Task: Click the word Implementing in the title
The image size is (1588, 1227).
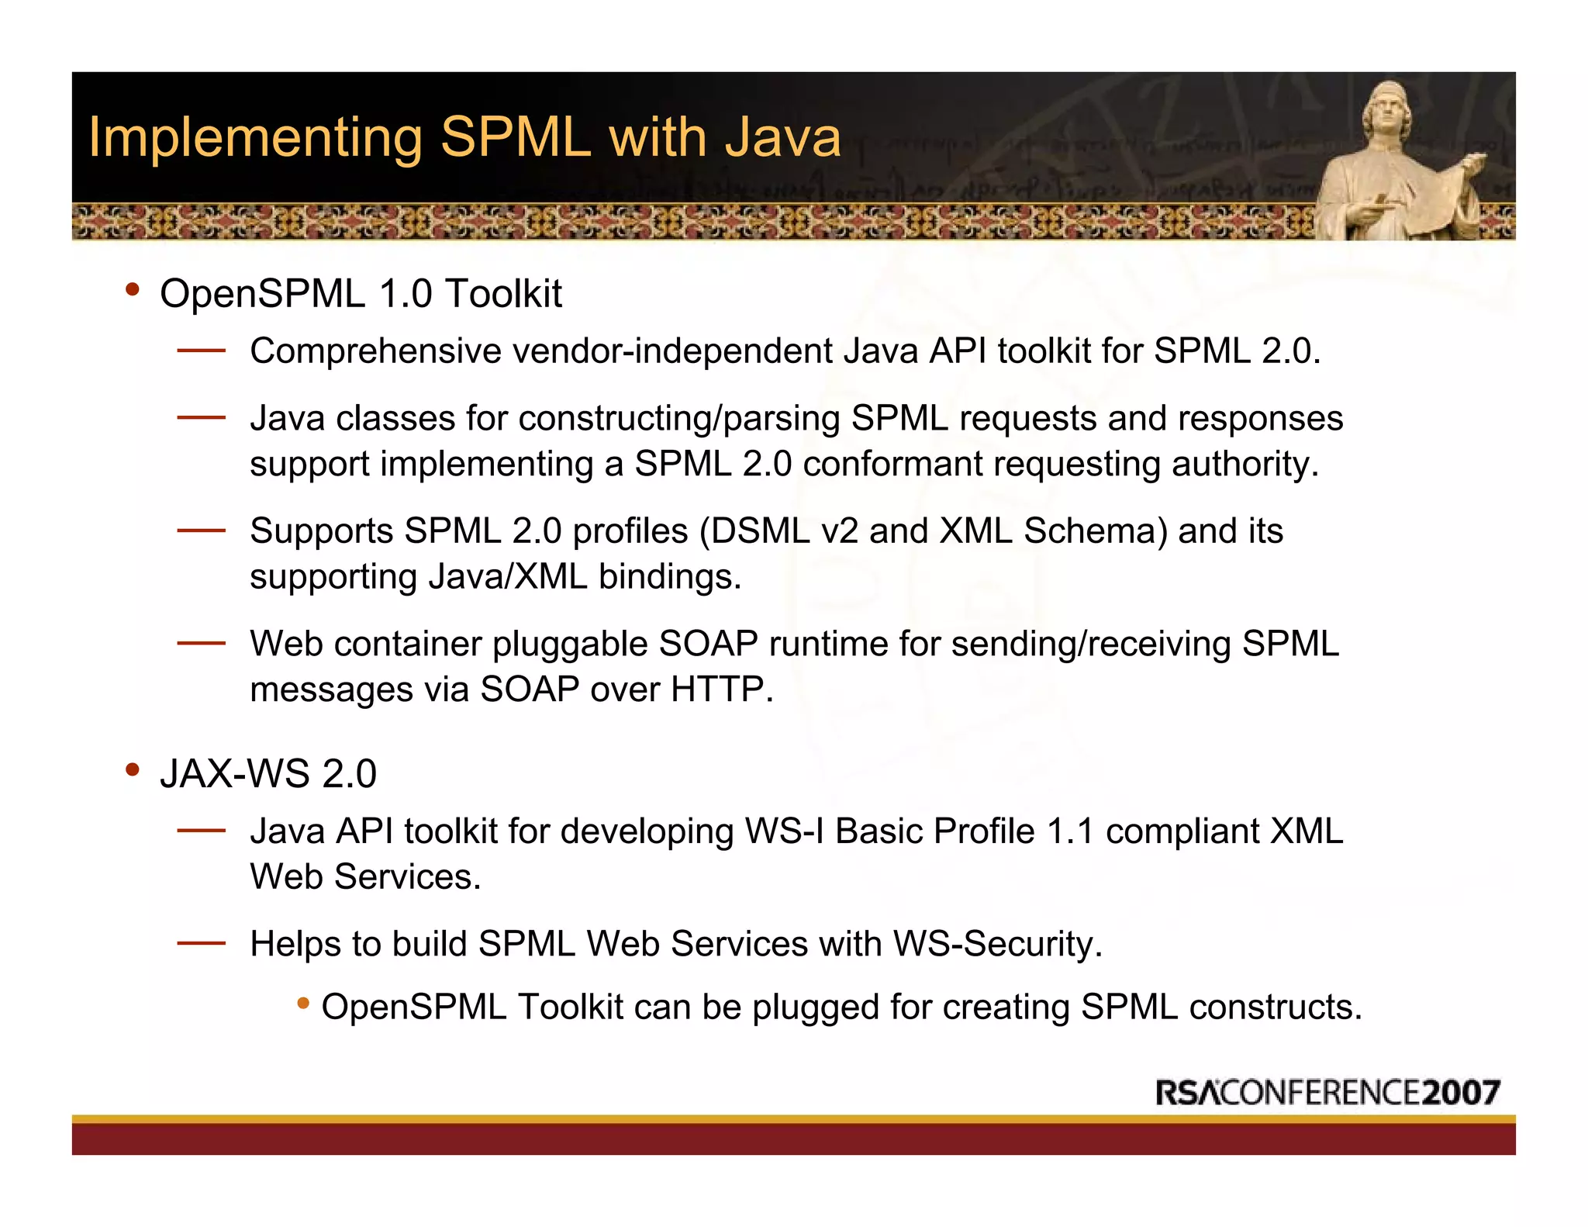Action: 255,138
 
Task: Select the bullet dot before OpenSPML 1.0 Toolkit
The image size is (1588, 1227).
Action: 133,290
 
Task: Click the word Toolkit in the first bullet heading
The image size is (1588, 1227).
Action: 503,294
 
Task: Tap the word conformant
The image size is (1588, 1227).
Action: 892,464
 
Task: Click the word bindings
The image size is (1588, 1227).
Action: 669,577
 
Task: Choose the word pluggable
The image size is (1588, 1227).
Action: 569,645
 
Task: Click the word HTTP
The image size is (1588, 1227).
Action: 721,690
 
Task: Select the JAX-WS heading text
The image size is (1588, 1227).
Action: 268,774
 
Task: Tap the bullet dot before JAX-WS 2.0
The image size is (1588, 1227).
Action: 133,770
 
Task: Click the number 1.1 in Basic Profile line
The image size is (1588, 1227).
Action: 1069,831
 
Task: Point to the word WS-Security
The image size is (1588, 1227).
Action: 997,945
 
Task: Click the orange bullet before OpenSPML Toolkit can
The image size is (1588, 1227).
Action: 303,1004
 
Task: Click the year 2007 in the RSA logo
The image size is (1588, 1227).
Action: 1461,1093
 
